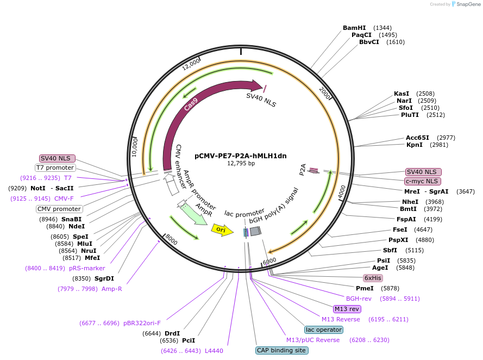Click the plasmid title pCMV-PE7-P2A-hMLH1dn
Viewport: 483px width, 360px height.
pyautogui.click(x=240, y=156)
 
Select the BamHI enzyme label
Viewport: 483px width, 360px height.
pyautogui.click(x=354, y=28)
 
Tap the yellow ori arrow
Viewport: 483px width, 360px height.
pyautogui.click(x=222, y=230)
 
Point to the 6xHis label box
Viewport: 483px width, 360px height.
pyautogui.click(x=373, y=277)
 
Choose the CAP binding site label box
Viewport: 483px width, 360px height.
pyautogui.click(x=281, y=351)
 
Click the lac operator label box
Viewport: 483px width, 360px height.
pyautogui.click(x=323, y=330)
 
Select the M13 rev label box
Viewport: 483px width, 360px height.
pyautogui.click(x=347, y=309)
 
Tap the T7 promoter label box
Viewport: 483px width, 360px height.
pyautogui.click(x=55, y=167)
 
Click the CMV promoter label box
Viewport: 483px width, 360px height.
pyautogui.click(x=59, y=209)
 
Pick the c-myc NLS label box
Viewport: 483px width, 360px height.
pyautogui.click(x=423, y=181)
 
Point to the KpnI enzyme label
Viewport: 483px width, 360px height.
pyautogui.click(x=415, y=145)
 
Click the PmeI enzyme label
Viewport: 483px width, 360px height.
pyautogui.click(x=365, y=288)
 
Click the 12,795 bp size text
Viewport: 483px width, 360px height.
pyautogui.click(x=240, y=164)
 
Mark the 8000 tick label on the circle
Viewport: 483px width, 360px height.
pyautogui.click(x=171, y=240)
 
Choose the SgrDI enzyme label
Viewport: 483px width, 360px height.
pyautogui.click(x=104, y=278)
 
